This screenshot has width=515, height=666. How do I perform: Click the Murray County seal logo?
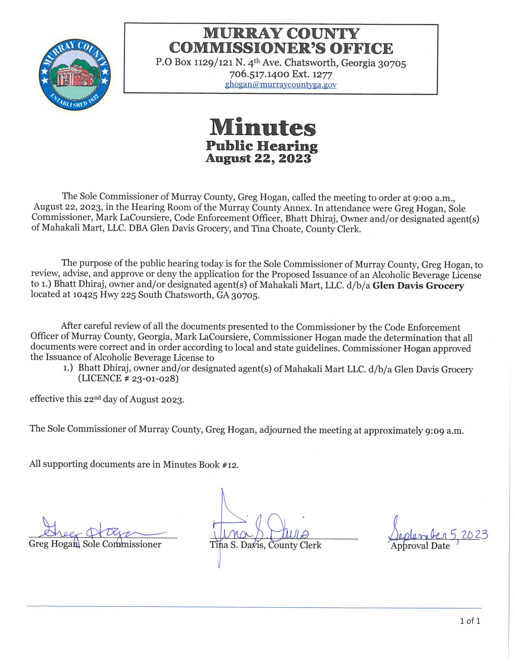coord(75,75)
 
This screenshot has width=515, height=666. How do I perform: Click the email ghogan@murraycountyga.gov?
coord(281,85)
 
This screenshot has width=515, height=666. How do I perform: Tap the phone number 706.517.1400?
coord(259,74)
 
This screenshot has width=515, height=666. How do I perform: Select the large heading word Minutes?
coord(262,127)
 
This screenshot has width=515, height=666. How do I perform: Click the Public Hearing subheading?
coord(262,146)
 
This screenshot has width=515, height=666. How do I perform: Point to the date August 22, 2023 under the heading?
coord(258,158)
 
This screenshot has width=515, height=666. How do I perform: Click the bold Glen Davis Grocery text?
coord(418,286)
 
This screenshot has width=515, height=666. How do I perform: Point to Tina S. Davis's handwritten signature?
coord(259,531)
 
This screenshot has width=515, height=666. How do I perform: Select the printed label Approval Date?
coord(420,546)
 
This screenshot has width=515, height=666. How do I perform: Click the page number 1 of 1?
coord(470,621)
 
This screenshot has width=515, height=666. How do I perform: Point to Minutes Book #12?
coord(201,464)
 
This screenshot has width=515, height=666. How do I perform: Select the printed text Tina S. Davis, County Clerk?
coord(265,545)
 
